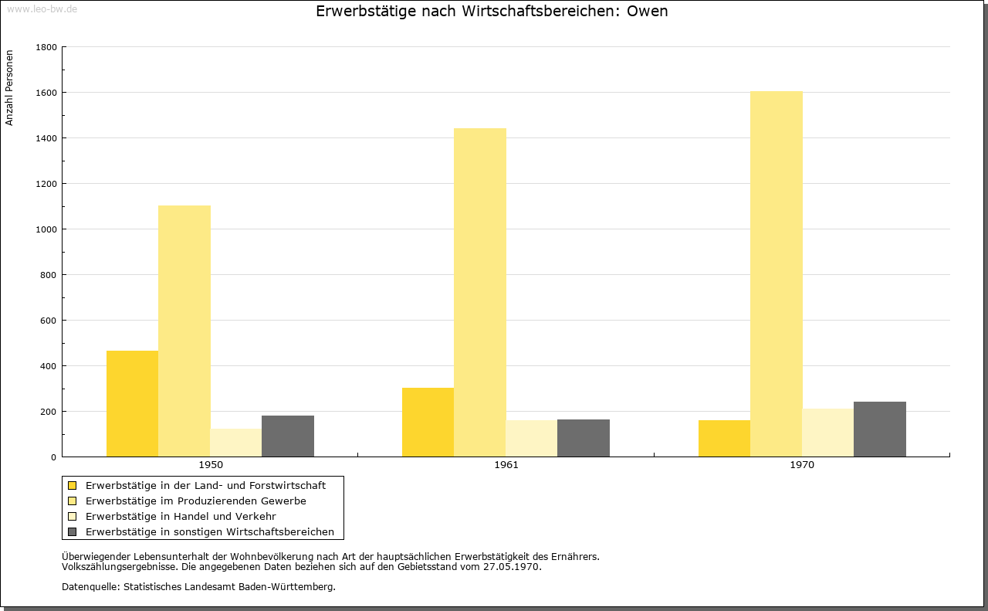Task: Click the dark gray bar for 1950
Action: coord(288,436)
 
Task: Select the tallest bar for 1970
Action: coord(777,274)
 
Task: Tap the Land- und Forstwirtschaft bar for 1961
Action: coord(428,423)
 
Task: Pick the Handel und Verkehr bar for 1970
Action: coord(828,433)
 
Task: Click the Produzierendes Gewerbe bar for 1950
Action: coord(184,331)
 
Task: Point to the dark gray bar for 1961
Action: coord(584,438)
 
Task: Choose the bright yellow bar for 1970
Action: coord(724,439)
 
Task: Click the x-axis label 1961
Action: coord(506,465)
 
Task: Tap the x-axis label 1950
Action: coord(211,465)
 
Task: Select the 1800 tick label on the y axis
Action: coord(46,47)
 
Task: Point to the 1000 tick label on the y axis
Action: coord(46,229)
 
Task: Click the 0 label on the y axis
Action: coord(53,457)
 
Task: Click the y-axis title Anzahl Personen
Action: coord(9,88)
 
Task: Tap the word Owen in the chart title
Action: coord(647,12)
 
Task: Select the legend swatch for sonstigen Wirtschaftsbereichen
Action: coord(73,532)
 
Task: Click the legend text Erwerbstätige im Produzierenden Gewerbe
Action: coord(196,501)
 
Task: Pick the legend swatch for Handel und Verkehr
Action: coord(73,517)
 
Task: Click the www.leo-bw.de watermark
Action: coord(42,9)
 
